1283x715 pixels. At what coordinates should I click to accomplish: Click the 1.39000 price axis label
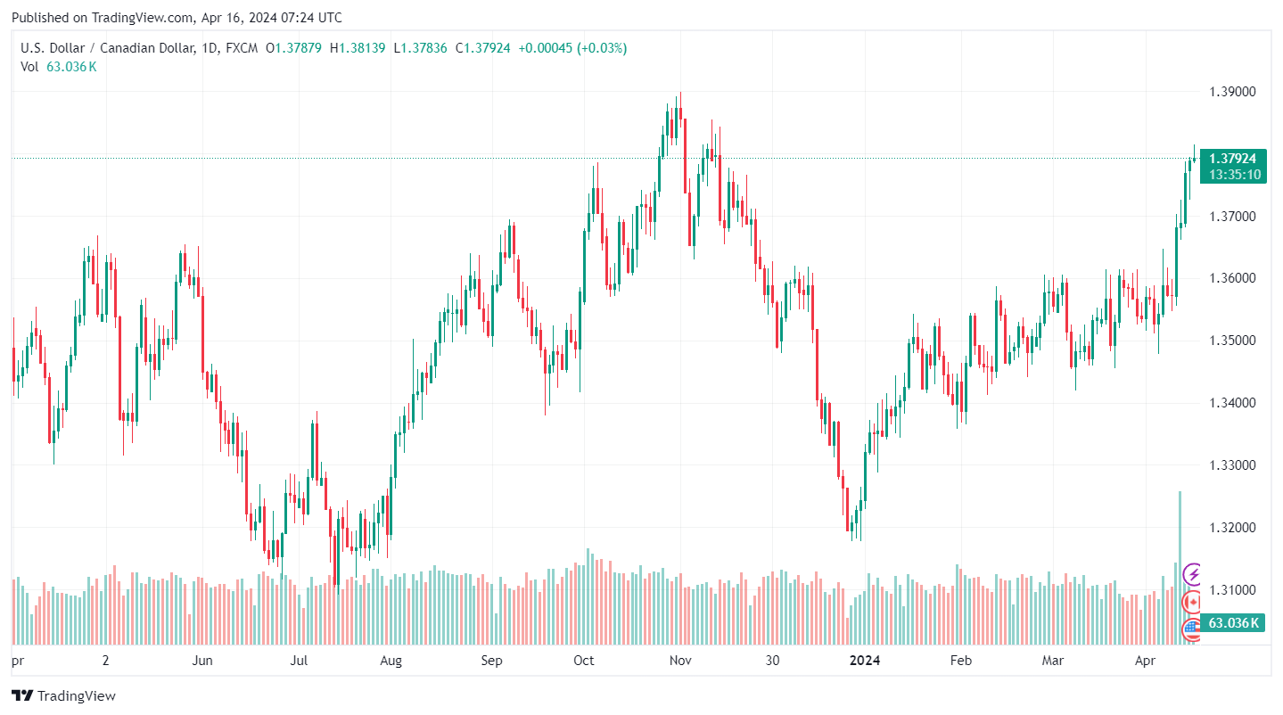click(x=1233, y=92)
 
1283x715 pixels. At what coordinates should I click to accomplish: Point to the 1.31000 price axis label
click(x=1233, y=590)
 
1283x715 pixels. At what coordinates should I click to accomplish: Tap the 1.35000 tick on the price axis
click(x=1233, y=341)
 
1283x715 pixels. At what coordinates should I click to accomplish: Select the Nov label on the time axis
click(x=681, y=661)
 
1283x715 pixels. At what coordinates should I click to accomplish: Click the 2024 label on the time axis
click(x=864, y=661)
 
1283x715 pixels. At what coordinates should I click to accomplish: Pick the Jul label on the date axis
click(x=300, y=661)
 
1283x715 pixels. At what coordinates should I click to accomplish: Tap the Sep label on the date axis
click(x=492, y=661)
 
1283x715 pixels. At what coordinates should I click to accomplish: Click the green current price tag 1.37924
click(x=1233, y=159)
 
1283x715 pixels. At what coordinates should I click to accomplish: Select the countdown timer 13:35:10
click(x=1233, y=175)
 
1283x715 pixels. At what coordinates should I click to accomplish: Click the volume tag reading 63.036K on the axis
click(x=1233, y=622)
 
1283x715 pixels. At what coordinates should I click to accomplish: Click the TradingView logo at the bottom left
click(x=64, y=695)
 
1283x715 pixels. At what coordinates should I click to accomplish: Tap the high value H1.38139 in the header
click(x=358, y=48)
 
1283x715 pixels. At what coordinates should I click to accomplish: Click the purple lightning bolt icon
click(x=1192, y=574)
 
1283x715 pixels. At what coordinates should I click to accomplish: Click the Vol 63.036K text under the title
click(x=59, y=66)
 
